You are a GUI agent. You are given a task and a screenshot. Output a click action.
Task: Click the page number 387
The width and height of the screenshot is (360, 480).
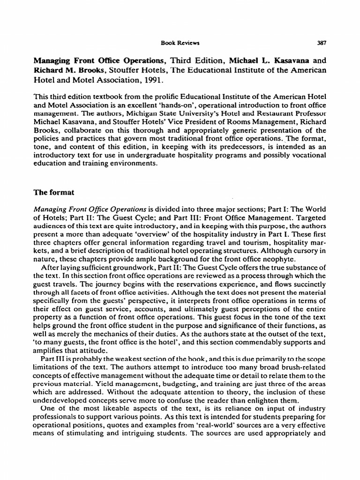click(322, 43)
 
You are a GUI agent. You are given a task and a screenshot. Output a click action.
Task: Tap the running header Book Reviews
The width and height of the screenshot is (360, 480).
click(174, 43)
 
